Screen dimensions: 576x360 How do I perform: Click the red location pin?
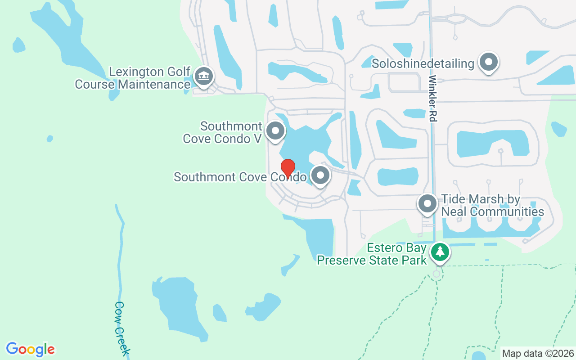(288, 168)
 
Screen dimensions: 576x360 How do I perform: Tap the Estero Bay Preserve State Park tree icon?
(440, 252)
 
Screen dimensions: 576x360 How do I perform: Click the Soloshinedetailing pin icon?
(489, 63)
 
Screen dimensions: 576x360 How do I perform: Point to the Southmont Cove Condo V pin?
(275, 131)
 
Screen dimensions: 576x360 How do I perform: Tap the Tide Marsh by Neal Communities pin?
(427, 204)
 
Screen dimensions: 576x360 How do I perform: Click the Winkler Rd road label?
(432, 98)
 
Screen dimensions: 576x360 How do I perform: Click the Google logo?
(30, 349)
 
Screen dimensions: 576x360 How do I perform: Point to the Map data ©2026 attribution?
(538, 354)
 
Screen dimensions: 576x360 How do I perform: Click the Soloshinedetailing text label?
(423, 64)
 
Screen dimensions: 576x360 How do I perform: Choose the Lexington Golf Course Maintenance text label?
(133, 78)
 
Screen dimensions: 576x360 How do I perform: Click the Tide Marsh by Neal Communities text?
(492, 205)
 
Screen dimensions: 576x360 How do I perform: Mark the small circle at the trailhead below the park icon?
(436, 274)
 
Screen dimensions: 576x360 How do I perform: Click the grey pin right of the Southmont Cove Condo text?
(320, 176)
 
